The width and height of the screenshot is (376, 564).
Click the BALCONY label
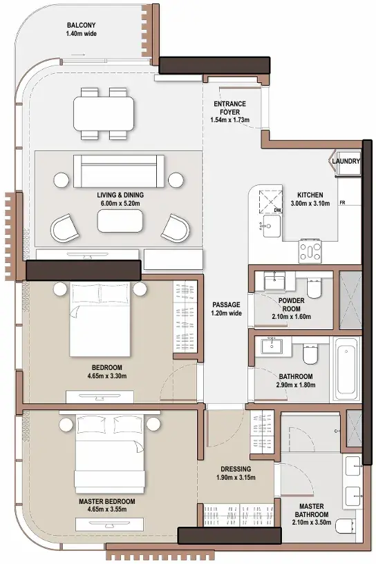pos(82,26)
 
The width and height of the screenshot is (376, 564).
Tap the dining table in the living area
pos(104,113)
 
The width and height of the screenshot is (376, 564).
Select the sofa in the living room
pos(118,171)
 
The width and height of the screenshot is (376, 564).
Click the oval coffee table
pos(120,221)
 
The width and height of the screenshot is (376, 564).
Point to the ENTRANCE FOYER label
pos(229,108)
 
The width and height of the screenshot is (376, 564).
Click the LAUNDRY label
pos(346,161)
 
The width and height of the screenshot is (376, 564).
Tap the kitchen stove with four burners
pos(310,251)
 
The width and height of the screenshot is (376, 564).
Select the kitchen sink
pos(271,226)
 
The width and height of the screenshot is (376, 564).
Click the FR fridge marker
pos(342,203)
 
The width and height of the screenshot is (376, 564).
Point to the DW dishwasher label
pos(277,210)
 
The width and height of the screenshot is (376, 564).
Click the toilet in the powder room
pos(314,288)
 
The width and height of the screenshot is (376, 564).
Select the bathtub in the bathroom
pos(346,369)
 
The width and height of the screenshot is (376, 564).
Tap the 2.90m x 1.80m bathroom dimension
pos(296,385)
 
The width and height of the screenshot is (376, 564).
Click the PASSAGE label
pos(226,304)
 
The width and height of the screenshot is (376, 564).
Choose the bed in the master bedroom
pos(110,454)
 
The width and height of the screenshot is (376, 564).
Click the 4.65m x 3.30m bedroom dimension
pos(107,376)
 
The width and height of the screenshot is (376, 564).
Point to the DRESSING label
pos(236,469)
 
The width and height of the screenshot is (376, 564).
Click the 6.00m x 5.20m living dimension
pos(120,204)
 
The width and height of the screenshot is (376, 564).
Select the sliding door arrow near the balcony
pos(78,55)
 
